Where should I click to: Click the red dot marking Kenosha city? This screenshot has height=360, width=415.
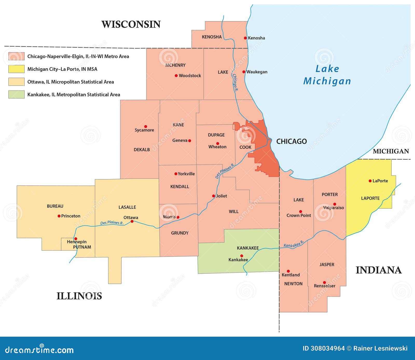click(x=245, y=38)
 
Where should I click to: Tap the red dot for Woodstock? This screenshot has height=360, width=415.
click(x=176, y=76)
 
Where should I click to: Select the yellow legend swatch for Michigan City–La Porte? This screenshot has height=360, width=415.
click(x=16, y=69)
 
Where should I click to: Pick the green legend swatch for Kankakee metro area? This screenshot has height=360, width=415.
click(x=16, y=94)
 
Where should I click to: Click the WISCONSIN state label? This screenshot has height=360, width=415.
click(x=131, y=24)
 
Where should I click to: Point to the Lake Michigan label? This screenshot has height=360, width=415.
click(x=327, y=75)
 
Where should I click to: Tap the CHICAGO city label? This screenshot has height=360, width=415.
click(x=291, y=141)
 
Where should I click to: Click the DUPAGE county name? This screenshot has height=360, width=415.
click(x=216, y=135)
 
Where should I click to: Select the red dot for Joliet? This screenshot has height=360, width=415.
click(x=213, y=196)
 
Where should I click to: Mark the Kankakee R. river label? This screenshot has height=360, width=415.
click(x=293, y=244)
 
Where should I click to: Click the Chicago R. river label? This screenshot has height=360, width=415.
click(x=235, y=82)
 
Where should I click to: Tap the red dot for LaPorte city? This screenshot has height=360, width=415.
click(x=370, y=181)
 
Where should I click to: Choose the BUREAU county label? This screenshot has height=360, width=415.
click(x=55, y=206)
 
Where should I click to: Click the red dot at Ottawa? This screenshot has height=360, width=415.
click(x=132, y=221)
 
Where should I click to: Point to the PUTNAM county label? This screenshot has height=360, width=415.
click(x=82, y=247)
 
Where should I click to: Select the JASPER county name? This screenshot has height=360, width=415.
click(x=327, y=264)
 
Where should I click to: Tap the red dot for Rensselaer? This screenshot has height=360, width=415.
click(x=324, y=283)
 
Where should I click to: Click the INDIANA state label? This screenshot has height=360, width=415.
click(x=378, y=270)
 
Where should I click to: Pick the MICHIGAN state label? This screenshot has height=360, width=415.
click(x=391, y=151)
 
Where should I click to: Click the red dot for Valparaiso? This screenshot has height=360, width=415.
click(x=335, y=204)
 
